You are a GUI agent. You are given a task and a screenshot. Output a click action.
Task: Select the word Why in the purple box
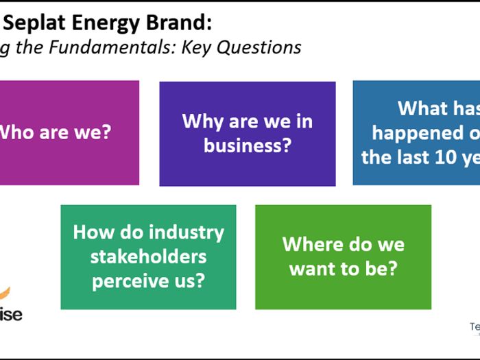coord(201,121)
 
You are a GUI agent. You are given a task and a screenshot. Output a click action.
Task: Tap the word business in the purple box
coord(248,145)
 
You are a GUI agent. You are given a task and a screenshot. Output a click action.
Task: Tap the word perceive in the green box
coord(133,280)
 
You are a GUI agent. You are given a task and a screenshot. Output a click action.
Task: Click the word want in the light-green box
coord(314,268)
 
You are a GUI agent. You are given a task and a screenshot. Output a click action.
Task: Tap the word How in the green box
coord(93,232)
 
